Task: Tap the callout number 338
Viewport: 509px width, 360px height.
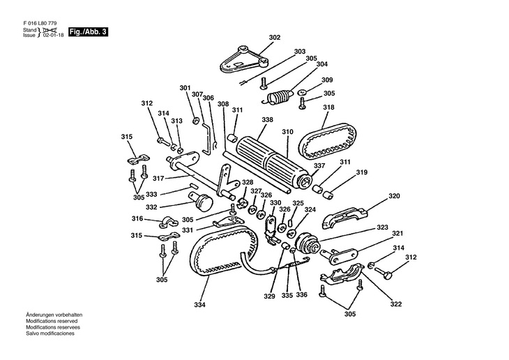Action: click(248, 120)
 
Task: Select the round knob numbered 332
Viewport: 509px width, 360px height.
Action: click(204, 202)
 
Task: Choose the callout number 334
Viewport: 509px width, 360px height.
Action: click(200, 304)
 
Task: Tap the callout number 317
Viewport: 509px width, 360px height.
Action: click(159, 179)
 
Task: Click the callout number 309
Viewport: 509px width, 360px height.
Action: click(327, 80)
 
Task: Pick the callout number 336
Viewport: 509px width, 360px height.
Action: click(302, 294)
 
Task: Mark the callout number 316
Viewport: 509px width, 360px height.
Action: click(137, 218)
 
